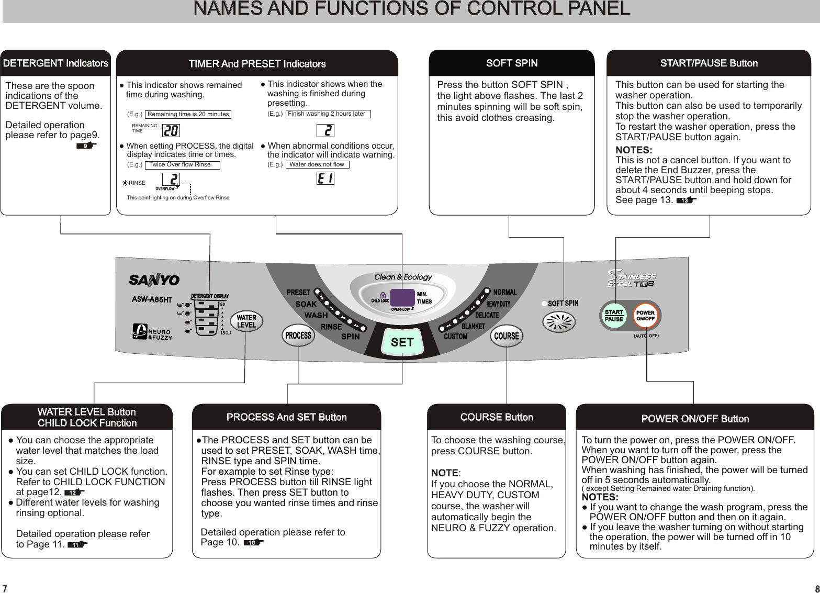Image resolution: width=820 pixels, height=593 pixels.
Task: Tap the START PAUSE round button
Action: pos(614,316)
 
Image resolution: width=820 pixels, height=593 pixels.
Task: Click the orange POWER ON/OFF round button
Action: pos(645,316)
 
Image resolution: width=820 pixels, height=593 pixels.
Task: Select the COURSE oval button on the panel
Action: pos(507,336)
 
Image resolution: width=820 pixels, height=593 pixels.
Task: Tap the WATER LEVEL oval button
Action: pos(246,321)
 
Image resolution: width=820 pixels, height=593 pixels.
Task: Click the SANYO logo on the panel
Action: pos(154,281)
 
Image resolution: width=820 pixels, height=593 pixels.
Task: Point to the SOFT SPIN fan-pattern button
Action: pos(559,321)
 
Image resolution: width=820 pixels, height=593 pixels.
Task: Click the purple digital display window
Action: pos(402,298)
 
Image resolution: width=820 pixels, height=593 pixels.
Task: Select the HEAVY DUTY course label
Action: pos(498,304)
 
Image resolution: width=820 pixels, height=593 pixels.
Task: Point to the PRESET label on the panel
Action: pos(298,293)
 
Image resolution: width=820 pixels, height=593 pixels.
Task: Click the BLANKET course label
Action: pos(473,327)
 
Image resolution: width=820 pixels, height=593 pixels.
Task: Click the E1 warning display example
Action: pos(325,178)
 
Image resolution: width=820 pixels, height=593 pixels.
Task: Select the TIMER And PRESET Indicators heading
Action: pos(257,64)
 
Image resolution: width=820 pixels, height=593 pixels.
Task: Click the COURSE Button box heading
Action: pos(497,417)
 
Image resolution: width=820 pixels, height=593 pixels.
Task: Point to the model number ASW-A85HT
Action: pos(151,300)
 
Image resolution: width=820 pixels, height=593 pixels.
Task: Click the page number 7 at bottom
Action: pos(5,588)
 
